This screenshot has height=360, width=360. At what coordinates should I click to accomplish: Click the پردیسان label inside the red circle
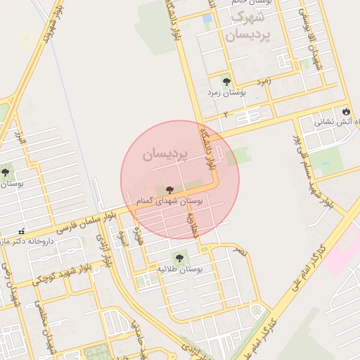(165, 153)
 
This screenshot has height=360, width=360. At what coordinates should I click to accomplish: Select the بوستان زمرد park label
(226, 92)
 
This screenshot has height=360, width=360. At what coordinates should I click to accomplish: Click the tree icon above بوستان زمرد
(226, 82)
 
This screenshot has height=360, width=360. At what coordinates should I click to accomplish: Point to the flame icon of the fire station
(345, 111)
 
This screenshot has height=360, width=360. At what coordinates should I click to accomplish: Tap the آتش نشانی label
(331, 122)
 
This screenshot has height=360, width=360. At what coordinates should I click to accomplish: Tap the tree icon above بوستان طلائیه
(179, 258)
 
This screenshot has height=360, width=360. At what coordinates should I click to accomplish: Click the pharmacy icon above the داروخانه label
(22, 231)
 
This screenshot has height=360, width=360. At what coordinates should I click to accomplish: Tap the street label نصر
(241, 250)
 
